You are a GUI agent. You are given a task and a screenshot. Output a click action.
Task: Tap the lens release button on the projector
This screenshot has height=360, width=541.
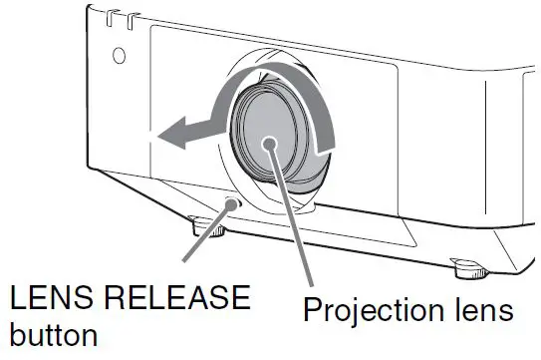232,205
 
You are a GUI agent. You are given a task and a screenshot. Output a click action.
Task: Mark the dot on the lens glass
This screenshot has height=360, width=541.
271,145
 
